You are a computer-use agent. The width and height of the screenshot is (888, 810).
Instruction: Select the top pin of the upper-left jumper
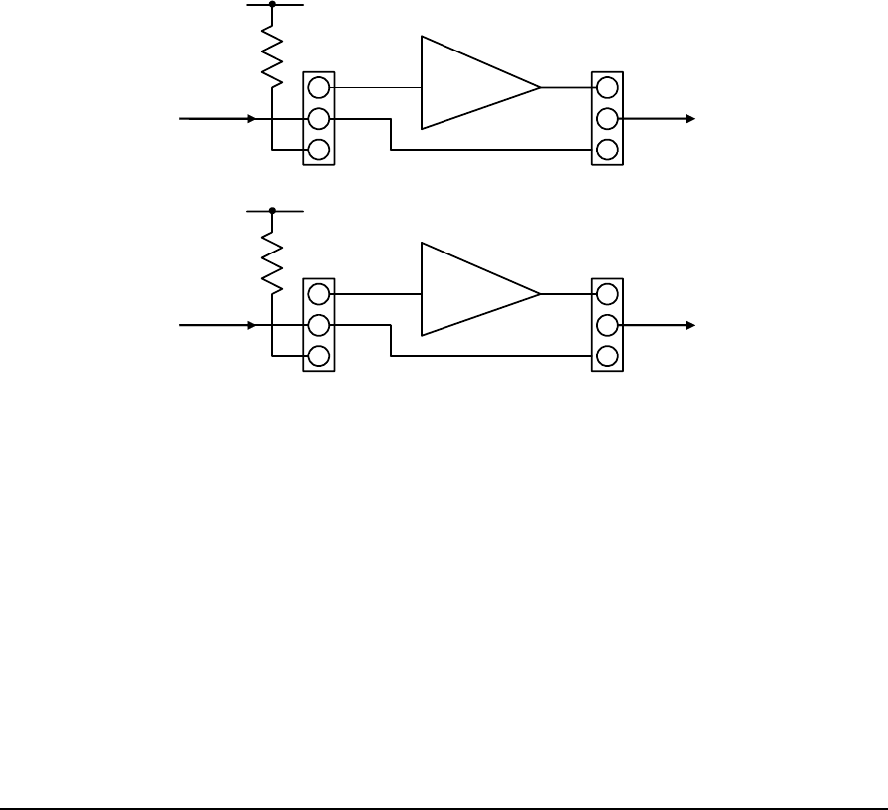pyautogui.click(x=318, y=87)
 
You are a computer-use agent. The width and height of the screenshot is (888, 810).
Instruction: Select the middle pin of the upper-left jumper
pyautogui.click(x=318, y=119)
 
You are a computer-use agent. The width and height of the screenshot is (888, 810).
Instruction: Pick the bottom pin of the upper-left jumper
pyautogui.click(x=318, y=151)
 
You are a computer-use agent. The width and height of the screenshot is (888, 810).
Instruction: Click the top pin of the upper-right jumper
pyautogui.click(x=607, y=87)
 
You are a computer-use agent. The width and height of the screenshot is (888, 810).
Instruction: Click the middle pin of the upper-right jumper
pyautogui.click(x=607, y=119)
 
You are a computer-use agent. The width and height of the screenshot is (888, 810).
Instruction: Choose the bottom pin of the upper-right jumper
pyautogui.click(x=607, y=151)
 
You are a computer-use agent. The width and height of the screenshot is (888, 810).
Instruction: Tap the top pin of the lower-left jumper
pyautogui.click(x=318, y=294)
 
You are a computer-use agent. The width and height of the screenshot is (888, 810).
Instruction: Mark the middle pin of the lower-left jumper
pyautogui.click(x=318, y=325)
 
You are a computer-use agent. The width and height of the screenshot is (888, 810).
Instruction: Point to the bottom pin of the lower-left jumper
pyautogui.click(x=318, y=356)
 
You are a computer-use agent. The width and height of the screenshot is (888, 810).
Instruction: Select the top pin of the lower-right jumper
pyautogui.click(x=607, y=294)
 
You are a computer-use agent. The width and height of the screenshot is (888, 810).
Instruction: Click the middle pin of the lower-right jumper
pyautogui.click(x=607, y=325)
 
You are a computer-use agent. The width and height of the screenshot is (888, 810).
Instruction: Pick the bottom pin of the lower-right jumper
pyautogui.click(x=607, y=356)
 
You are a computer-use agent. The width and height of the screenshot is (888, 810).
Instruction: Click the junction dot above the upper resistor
pyautogui.click(x=271, y=4)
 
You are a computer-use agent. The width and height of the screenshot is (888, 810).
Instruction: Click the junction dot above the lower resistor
pyautogui.click(x=271, y=211)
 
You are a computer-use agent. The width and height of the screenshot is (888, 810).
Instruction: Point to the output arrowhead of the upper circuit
pyautogui.click(x=691, y=119)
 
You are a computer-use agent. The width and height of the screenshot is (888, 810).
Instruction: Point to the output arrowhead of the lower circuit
pyautogui.click(x=691, y=325)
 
